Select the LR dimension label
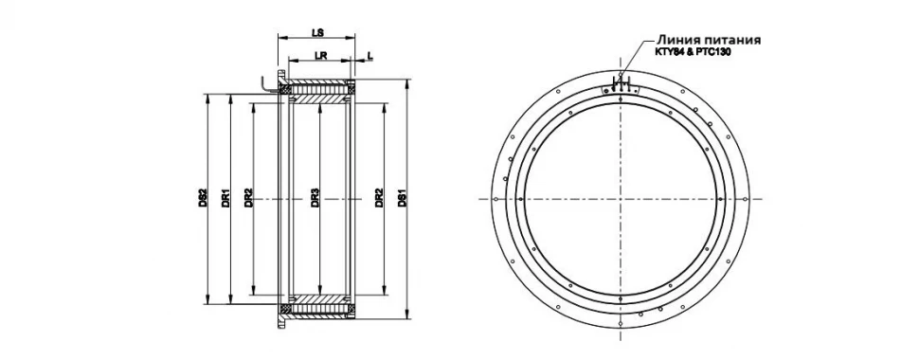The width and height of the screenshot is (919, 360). pos(320,56)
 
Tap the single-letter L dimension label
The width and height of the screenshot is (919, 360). pos(369,55)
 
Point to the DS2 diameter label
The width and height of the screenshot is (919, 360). pos(202,199)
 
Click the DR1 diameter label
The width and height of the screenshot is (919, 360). pos(225,199)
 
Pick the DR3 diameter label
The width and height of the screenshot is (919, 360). pos(315,199)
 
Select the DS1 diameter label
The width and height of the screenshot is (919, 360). pos(402,199)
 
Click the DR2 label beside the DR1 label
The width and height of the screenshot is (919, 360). pos(248,199)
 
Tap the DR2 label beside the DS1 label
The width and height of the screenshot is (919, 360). pos(379,199)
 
